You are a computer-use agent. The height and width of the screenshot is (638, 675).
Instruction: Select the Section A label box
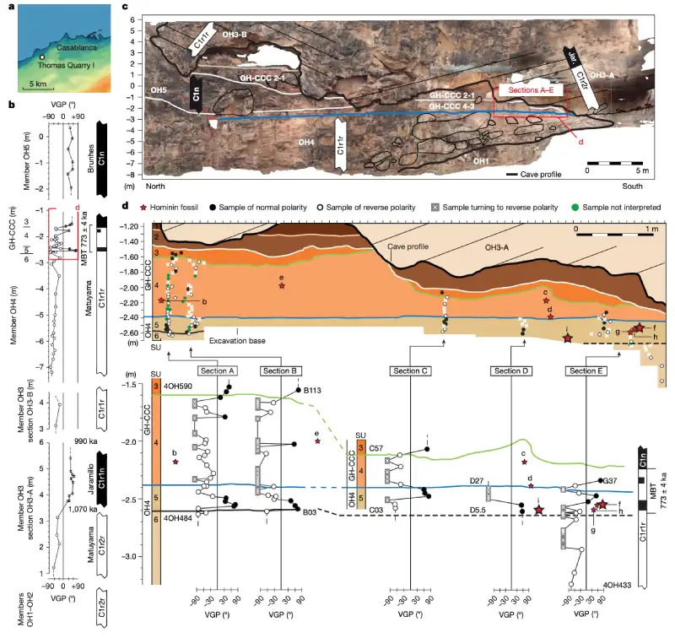(x=217, y=370)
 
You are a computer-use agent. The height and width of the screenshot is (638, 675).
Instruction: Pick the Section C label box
(x=411, y=370)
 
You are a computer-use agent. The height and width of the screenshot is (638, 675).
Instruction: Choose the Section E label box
(x=586, y=370)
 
